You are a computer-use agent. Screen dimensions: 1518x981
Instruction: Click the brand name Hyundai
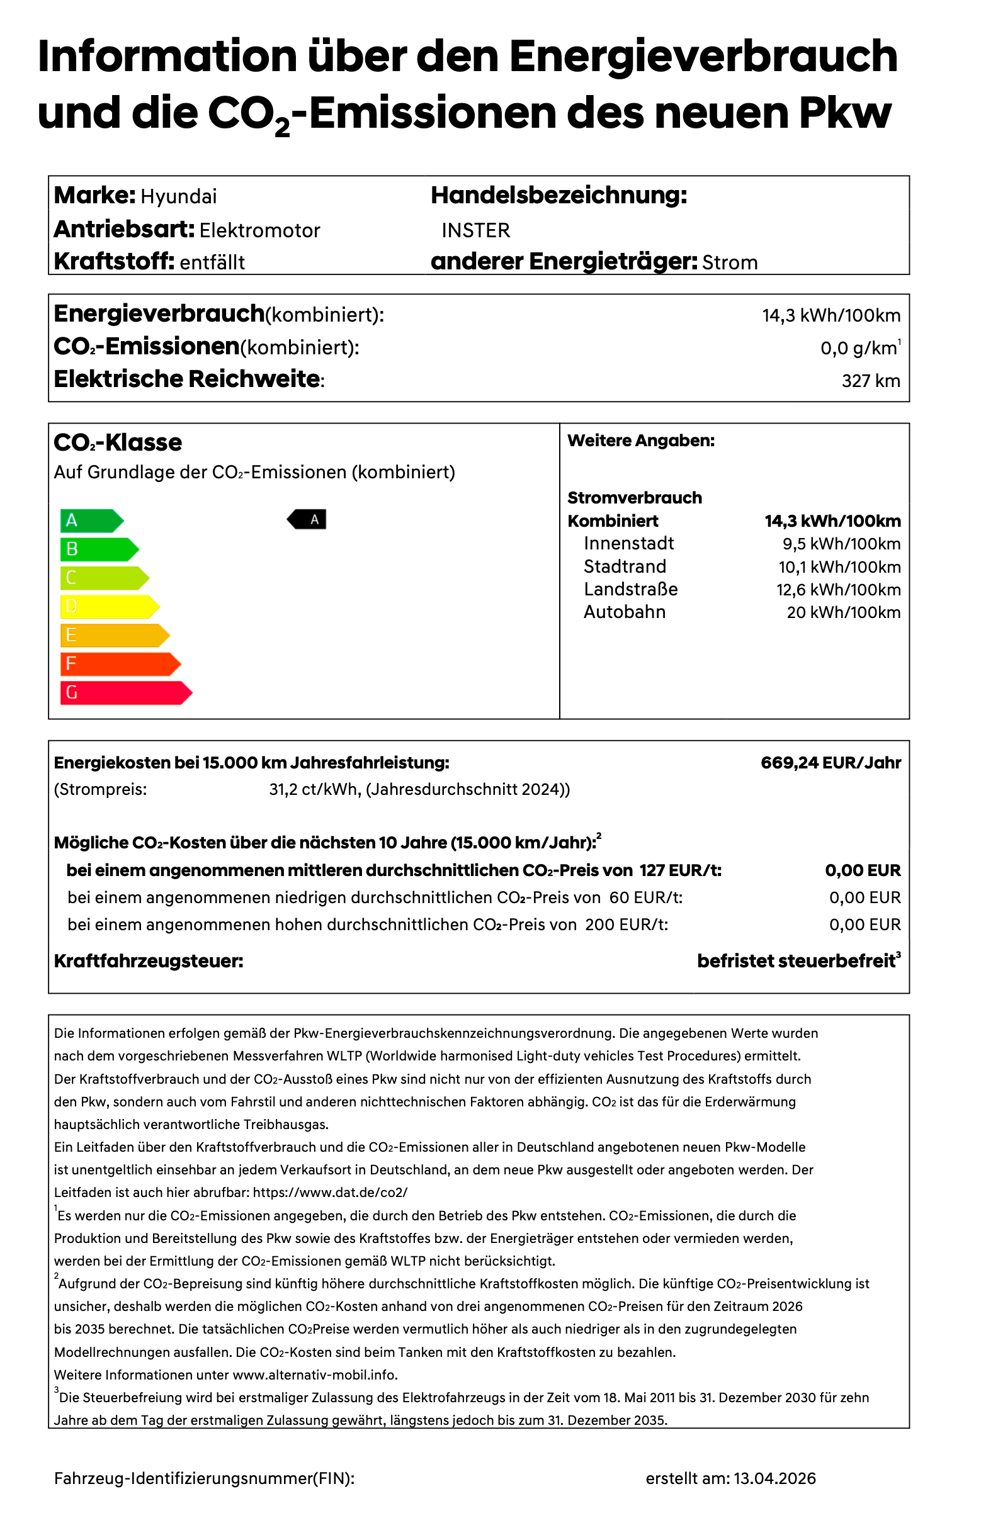tap(178, 196)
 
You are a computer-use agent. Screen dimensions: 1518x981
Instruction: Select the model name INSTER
tap(476, 230)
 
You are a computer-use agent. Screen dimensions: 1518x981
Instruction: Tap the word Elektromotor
tap(259, 230)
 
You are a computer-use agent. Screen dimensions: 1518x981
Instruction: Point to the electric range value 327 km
tap(870, 381)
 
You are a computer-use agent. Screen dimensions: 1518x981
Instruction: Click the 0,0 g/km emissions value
tap(858, 348)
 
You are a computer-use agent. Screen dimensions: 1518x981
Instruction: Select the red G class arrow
tap(125, 693)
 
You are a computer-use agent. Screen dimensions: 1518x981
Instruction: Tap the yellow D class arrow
tap(108, 607)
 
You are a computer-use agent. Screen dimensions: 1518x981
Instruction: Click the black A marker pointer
tap(308, 520)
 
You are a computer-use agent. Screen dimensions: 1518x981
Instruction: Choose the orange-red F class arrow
tap(119, 664)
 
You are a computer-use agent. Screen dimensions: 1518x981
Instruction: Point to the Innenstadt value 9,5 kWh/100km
tap(841, 544)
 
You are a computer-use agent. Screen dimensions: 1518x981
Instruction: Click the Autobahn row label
tap(624, 612)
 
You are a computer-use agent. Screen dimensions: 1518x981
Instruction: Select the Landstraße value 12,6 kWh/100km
tap(837, 590)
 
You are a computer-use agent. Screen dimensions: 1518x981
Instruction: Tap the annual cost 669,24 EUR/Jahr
tap(830, 763)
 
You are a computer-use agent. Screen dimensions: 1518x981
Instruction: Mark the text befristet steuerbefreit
tap(796, 961)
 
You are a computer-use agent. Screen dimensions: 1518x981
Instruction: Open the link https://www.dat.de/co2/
tap(330, 1193)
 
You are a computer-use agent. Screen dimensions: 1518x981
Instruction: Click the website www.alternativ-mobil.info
tap(315, 1375)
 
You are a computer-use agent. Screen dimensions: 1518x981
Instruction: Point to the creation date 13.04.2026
tap(774, 1478)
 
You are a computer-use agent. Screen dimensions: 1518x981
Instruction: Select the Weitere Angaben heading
tap(640, 441)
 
